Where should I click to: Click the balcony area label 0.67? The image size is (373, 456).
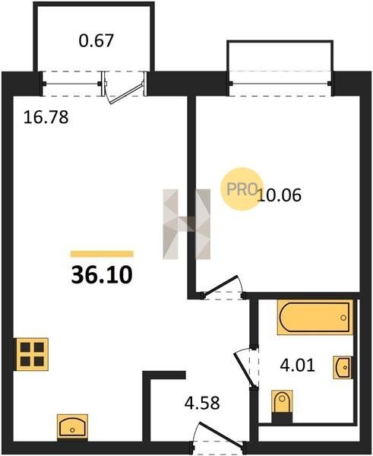point(96,40)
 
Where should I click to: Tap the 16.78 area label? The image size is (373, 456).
point(46,117)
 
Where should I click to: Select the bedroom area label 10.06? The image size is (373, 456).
point(280,195)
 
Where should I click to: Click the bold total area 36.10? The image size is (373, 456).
point(102,274)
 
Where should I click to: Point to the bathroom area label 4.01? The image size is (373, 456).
point(297,366)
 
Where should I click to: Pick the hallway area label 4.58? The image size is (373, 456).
point(202,403)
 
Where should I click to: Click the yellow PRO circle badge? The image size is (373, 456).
point(242,189)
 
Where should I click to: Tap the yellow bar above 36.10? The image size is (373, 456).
point(102,254)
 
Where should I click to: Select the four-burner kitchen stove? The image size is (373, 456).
point(32,354)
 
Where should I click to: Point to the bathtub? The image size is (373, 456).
point(315,317)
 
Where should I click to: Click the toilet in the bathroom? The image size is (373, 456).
point(282,406)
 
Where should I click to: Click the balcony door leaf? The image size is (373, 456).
point(125,93)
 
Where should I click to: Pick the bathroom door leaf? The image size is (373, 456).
point(245,369)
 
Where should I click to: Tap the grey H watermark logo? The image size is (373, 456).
point(186,224)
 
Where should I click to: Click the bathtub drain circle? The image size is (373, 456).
point(343,318)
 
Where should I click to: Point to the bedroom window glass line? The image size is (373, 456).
point(280,84)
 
